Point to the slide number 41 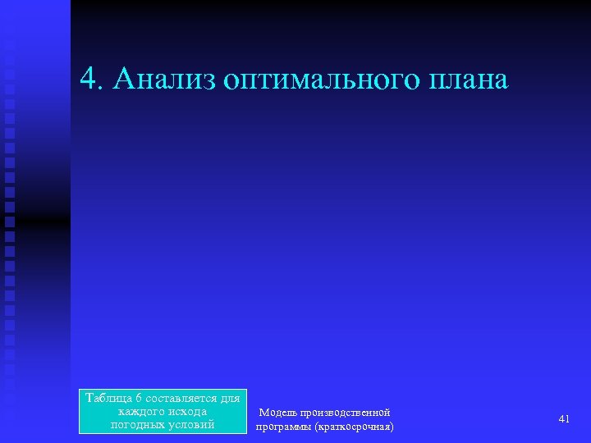[x=564, y=419]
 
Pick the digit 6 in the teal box [x=140, y=399]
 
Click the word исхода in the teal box [x=186, y=412]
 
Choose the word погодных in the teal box [x=137, y=425]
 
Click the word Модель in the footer [x=278, y=413]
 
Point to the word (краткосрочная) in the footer [x=355, y=427]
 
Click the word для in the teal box [x=231, y=399]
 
